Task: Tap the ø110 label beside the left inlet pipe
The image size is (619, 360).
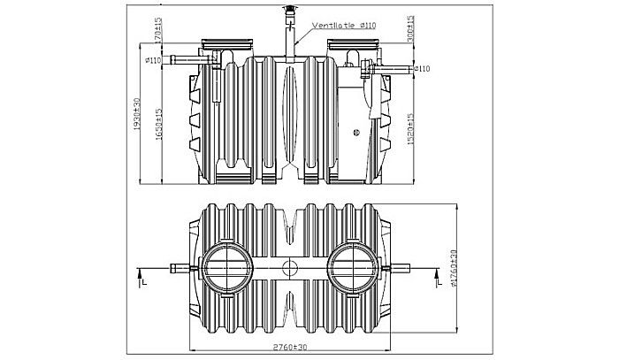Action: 152,60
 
